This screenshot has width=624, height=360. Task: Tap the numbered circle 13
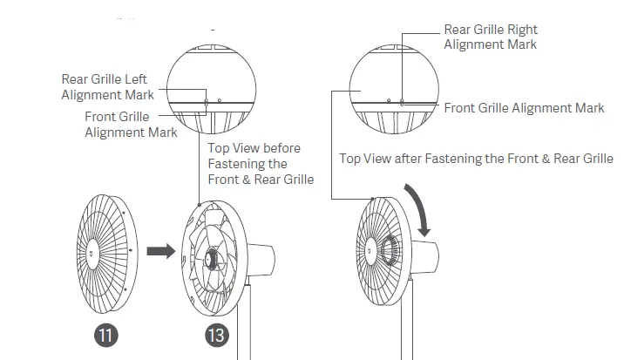[x=217, y=335]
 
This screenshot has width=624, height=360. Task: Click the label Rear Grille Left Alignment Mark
[x=107, y=87]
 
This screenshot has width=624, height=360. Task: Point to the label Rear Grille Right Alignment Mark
[x=491, y=37]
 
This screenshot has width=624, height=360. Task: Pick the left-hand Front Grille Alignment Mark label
[x=131, y=125]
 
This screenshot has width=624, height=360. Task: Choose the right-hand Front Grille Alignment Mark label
[x=524, y=108]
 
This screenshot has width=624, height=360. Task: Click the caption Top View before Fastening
[x=260, y=164]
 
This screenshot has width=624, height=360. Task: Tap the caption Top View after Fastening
[x=476, y=159]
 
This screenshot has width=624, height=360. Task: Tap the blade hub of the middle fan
[x=213, y=258]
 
